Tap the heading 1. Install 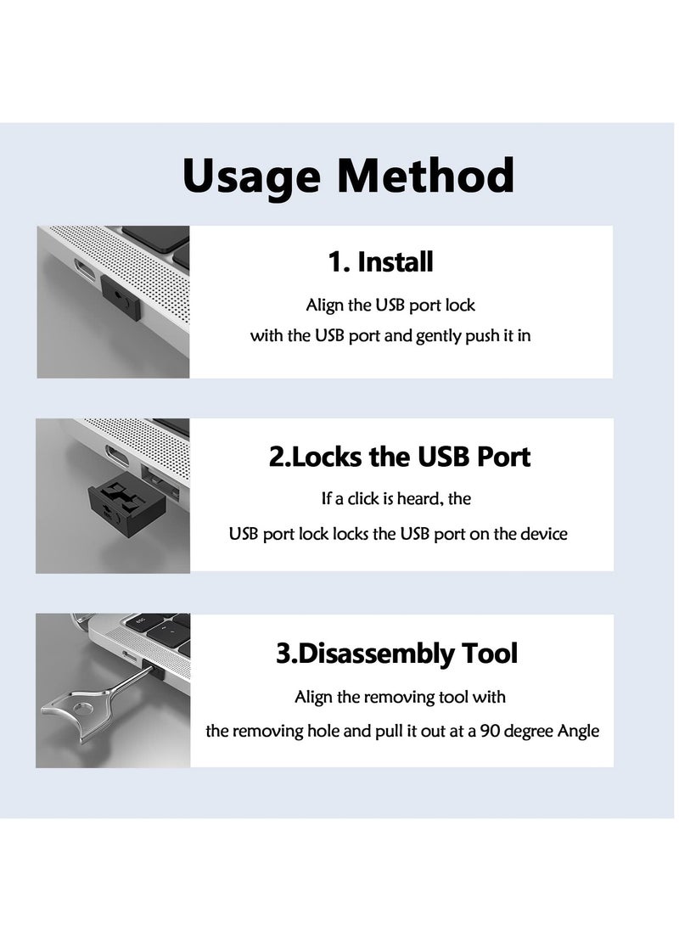pos(380,262)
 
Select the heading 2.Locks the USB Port pos(400,457)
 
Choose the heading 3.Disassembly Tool pos(396,654)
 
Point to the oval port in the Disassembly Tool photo pos(130,656)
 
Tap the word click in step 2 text pos(364,499)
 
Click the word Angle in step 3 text pos(579,732)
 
